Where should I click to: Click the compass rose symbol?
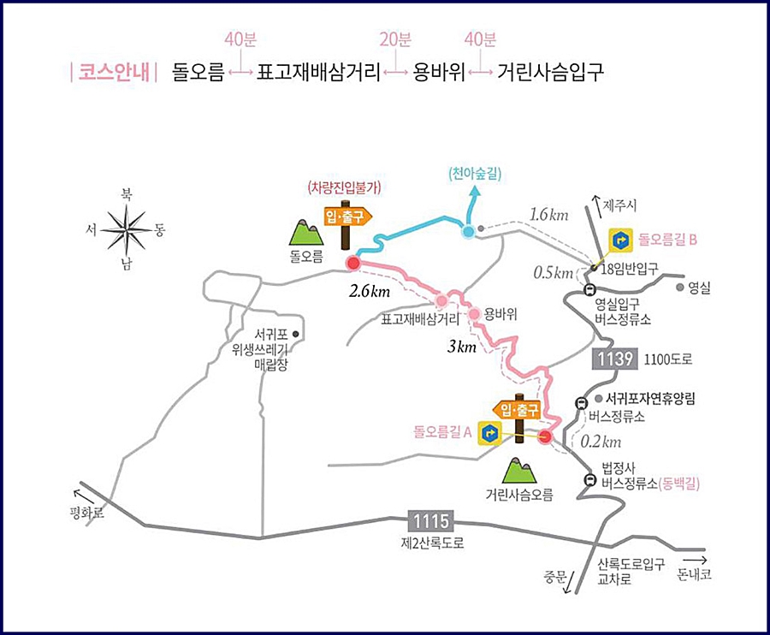(x=127, y=228)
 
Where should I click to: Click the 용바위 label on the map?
(x=501, y=314)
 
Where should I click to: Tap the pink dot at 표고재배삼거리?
(x=441, y=301)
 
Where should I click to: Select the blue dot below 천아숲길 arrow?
(x=468, y=231)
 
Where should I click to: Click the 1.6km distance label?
(x=548, y=213)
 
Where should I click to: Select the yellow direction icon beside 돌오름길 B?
(x=620, y=240)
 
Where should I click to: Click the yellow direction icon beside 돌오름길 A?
(x=489, y=433)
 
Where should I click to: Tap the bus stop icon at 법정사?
(x=589, y=479)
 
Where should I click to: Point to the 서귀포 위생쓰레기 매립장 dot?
(x=295, y=333)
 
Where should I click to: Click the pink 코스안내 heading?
(x=110, y=71)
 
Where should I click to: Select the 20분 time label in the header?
(x=395, y=39)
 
